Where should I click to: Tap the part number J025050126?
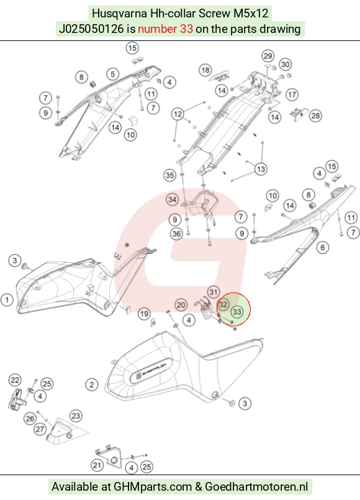point(91,29)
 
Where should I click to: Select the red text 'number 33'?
point(165,29)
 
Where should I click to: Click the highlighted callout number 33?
point(237,312)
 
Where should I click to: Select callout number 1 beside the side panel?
point(7,300)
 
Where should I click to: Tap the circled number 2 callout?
point(92,384)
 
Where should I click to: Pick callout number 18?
point(205,70)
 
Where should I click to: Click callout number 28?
point(315,116)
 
